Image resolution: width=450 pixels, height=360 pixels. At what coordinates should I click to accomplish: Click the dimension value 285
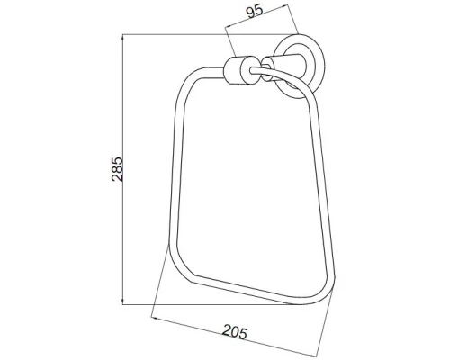pyautogui.click(x=117, y=169)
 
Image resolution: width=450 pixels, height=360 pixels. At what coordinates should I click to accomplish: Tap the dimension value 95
pyautogui.click(x=255, y=11)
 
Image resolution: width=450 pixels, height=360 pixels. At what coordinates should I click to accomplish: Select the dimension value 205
pyautogui.click(x=235, y=331)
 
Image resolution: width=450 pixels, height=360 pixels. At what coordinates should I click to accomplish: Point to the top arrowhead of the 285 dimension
pyautogui.click(x=122, y=38)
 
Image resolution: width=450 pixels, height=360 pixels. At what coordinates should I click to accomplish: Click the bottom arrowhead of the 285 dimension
pyautogui.click(x=122, y=301)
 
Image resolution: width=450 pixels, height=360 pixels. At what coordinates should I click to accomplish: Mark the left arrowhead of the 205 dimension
pyautogui.click(x=156, y=318)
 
